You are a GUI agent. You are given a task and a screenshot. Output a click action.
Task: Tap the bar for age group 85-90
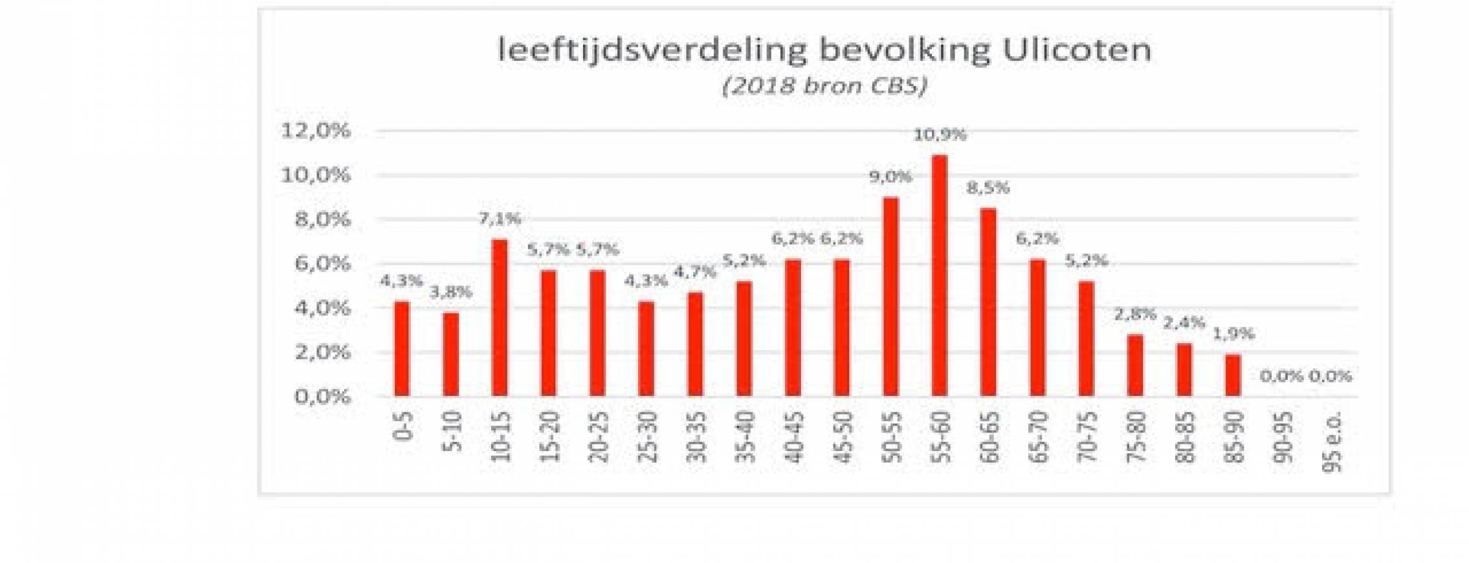click(1233, 375)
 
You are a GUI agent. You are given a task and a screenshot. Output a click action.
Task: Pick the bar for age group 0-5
click(402, 348)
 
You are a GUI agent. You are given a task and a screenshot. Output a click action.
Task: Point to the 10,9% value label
click(940, 135)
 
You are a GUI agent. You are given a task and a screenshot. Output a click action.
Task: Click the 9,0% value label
click(890, 177)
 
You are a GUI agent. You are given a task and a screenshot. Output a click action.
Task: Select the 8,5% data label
click(988, 188)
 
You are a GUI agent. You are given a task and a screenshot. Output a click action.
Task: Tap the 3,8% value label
click(451, 292)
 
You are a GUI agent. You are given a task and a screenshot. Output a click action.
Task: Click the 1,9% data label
click(1233, 334)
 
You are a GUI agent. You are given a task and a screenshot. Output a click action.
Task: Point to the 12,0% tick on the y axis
click(315, 131)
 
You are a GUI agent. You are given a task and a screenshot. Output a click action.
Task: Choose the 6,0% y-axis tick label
click(322, 263)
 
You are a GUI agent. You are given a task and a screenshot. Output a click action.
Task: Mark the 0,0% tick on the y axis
click(322, 396)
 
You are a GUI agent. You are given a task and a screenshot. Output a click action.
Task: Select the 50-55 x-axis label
click(892, 437)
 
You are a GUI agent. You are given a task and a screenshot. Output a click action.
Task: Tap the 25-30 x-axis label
click(647, 437)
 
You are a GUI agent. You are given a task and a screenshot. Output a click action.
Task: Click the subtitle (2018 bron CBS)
click(824, 86)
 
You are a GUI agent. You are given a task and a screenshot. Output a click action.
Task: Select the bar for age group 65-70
click(1037, 327)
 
